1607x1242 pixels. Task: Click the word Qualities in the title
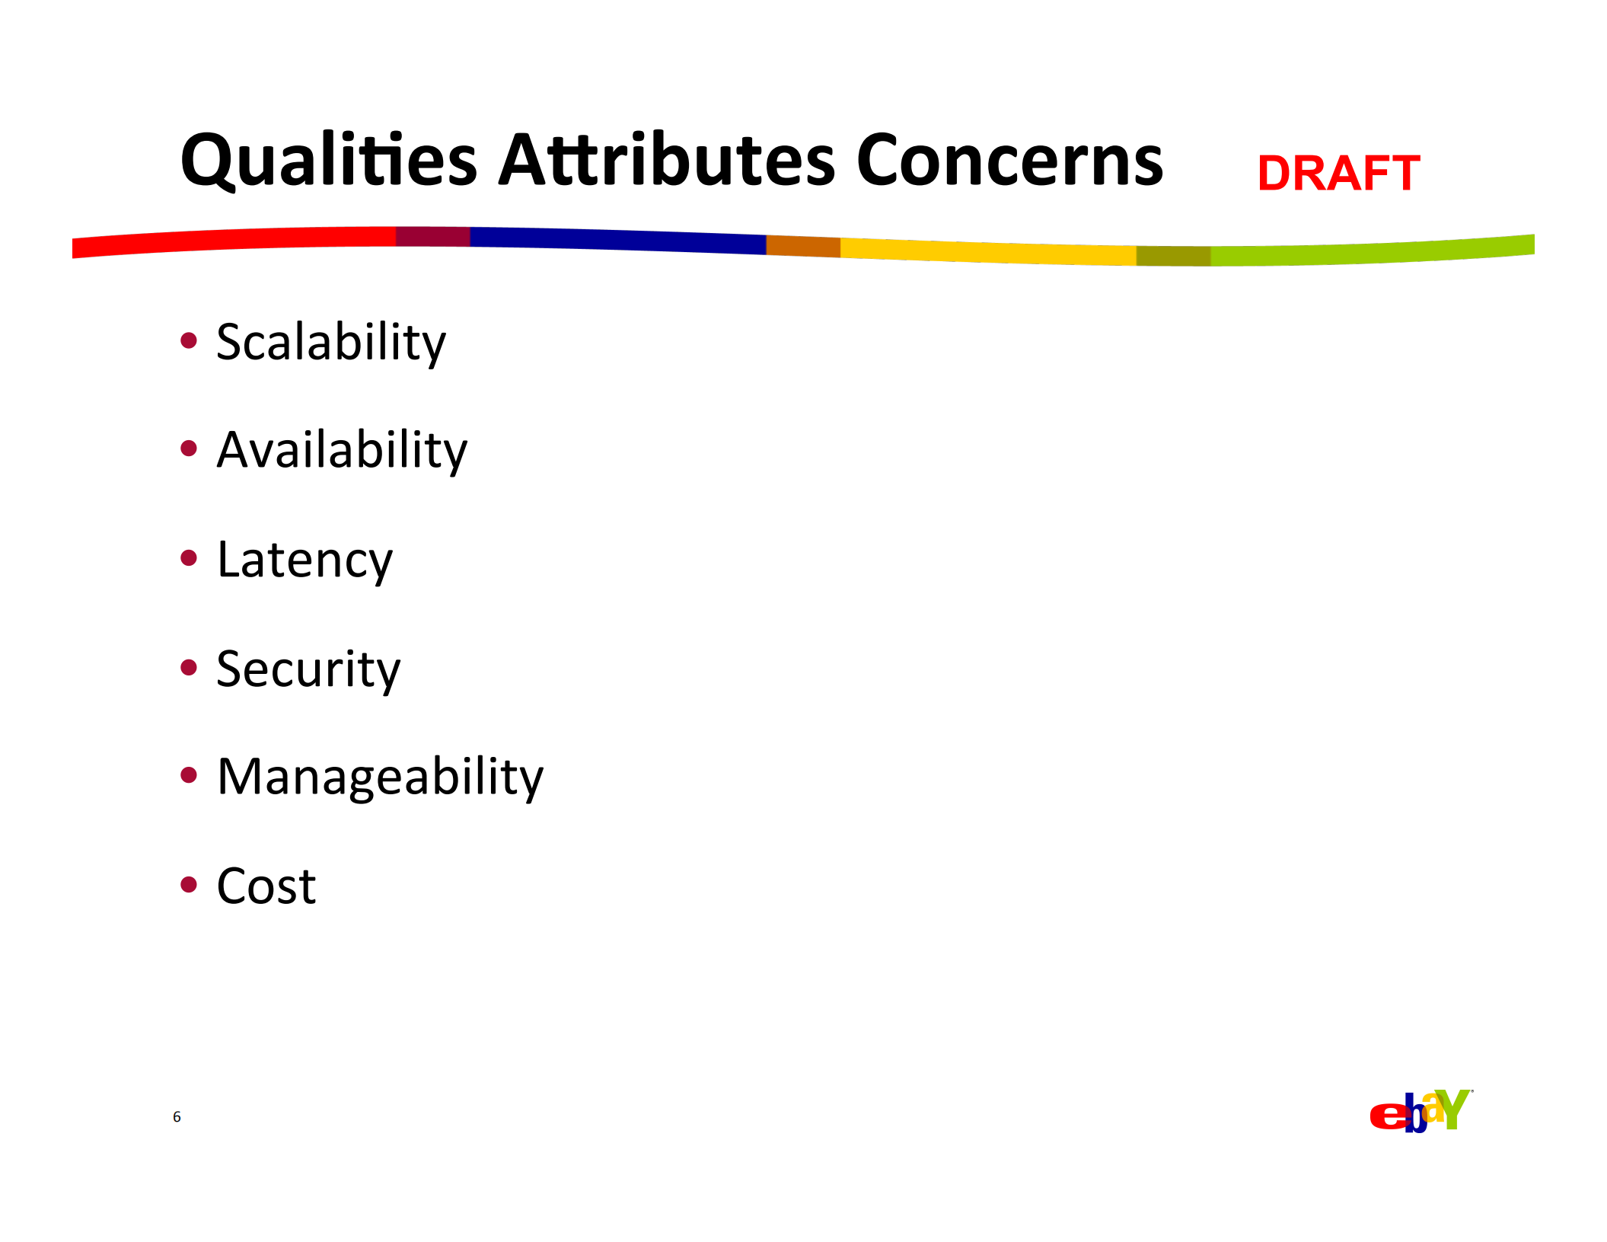(x=329, y=161)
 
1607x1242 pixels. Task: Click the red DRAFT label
(x=1338, y=173)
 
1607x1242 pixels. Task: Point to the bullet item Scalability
(x=331, y=343)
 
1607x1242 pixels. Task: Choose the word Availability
(x=342, y=452)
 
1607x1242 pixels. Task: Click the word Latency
(x=305, y=561)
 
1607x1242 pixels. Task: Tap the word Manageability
(x=380, y=778)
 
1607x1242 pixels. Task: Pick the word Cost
(x=266, y=886)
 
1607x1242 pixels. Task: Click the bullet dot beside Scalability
(x=189, y=340)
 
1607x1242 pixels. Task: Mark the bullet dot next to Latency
(x=189, y=558)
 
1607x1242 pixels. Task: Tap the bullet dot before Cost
(x=189, y=885)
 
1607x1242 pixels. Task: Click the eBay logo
(x=1420, y=1111)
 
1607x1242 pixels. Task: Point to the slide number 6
(x=177, y=1117)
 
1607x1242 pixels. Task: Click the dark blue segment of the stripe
(x=618, y=240)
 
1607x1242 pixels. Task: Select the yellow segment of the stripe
(x=988, y=251)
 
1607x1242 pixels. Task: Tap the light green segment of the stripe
(x=1373, y=252)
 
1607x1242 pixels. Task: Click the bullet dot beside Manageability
(x=189, y=775)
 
